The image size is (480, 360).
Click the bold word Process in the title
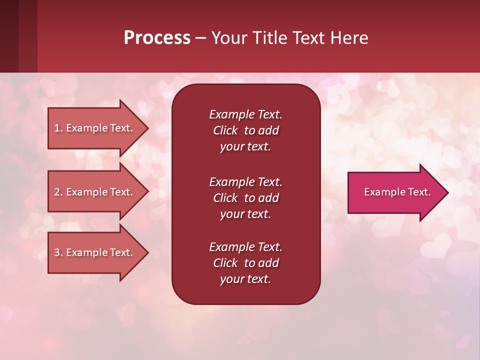pos(157,38)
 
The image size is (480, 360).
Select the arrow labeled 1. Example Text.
pos(95,128)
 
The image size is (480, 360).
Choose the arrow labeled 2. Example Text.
pos(95,192)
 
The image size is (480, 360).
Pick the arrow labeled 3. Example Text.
pos(95,252)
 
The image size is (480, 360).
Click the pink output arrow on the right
pos(395,192)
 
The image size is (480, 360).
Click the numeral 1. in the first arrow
pos(58,128)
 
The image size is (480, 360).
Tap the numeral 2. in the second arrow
pos(58,192)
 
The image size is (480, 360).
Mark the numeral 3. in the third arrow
pos(58,252)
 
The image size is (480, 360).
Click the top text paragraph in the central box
pos(245,130)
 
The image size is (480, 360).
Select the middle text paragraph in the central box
pos(245,198)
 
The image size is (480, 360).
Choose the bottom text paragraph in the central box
pos(245,263)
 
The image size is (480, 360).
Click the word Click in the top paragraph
pos(225,130)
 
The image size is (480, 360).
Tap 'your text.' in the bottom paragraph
pos(245,279)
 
